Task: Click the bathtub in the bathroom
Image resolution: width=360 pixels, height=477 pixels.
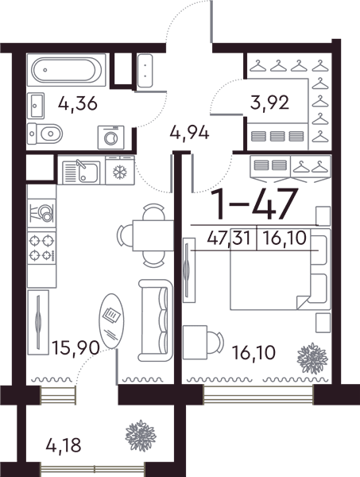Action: [x=66, y=70]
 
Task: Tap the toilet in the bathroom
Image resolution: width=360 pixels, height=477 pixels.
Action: [x=45, y=134]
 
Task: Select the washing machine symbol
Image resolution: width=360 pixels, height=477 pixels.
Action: [x=111, y=138]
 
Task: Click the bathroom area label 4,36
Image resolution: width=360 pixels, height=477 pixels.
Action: [x=78, y=103]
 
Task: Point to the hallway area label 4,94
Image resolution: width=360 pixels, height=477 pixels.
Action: [x=190, y=133]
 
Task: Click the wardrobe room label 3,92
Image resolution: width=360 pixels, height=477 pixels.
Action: [x=269, y=103]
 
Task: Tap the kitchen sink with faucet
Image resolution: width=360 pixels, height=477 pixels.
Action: [x=81, y=173]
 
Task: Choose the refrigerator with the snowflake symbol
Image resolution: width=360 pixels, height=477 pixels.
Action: [x=120, y=171]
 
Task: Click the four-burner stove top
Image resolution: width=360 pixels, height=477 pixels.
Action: [x=41, y=248]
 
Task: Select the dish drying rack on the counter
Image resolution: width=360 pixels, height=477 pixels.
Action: [x=41, y=213]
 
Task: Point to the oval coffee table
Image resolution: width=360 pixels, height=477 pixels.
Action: [x=111, y=320]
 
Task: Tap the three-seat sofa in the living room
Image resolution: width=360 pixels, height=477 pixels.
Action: [x=156, y=320]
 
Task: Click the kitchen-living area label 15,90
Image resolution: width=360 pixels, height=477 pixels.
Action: [x=75, y=347]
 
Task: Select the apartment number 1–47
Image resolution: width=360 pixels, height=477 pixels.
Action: [x=255, y=204]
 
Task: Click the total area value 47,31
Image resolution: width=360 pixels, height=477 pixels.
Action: [x=229, y=238]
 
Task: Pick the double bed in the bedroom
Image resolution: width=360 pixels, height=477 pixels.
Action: [x=281, y=269]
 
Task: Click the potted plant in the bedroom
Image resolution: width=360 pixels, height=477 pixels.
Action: [x=312, y=359]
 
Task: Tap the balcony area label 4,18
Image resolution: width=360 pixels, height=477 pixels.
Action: [x=64, y=446]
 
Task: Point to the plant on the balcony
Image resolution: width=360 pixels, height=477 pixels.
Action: [x=141, y=436]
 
